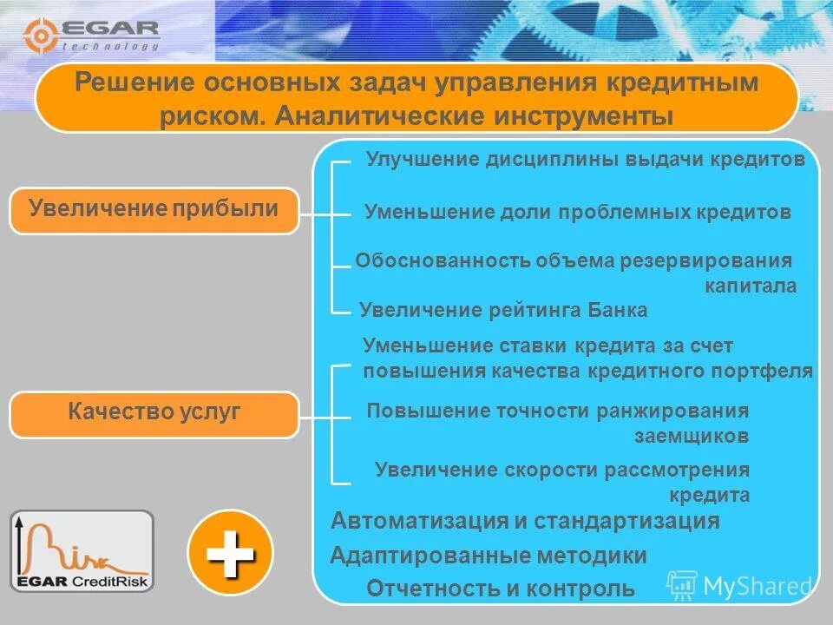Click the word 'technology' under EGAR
(x=111, y=47)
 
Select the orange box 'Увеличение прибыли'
(x=154, y=209)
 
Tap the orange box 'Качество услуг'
(x=154, y=413)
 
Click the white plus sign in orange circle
(x=230, y=552)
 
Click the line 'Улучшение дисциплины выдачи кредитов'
(x=585, y=160)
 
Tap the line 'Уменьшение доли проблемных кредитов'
(x=577, y=212)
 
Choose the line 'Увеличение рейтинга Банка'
(x=503, y=310)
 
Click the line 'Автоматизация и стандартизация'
(x=526, y=521)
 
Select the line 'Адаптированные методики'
(x=489, y=556)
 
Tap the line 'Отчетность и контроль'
(x=501, y=589)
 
